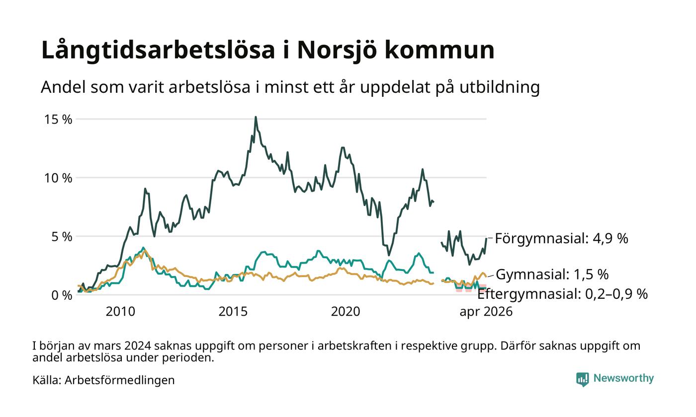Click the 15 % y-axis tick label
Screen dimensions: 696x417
pyautogui.click(x=58, y=119)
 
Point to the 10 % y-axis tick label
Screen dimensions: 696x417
pyautogui.click(x=58, y=178)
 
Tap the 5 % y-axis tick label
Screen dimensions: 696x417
pyautogui.click(x=62, y=237)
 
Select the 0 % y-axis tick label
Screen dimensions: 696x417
pyautogui.click(x=62, y=295)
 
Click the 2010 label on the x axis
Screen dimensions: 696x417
pyautogui.click(x=120, y=312)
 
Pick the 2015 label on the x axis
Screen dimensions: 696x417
pyautogui.click(x=233, y=312)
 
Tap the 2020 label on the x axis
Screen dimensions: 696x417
pyautogui.click(x=346, y=312)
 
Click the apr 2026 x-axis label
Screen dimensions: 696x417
pyautogui.click(x=486, y=312)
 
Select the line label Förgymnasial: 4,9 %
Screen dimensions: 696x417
pyautogui.click(x=561, y=238)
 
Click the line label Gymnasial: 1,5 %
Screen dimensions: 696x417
pyautogui.click(x=552, y=274)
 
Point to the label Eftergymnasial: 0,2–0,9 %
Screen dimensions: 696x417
pyautogui.click(x=562, y=294)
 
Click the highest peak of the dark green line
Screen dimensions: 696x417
pyautogui.click(x=256, y=117)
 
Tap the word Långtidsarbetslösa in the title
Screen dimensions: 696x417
pyautogui.click(x=158, y=50)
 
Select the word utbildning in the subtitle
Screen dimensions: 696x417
pyautogui.click(x=500, y=87)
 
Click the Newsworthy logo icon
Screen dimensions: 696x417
pyautogui.click(x=583, y=379)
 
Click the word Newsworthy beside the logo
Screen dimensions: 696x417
pyautogui.click(x=623, y=378)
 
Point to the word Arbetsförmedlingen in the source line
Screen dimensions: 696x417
pyautogui.click(x=120, y=380)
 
